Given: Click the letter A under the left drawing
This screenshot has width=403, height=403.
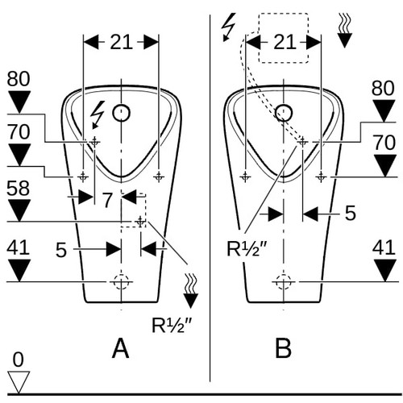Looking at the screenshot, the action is [x=120, y=348].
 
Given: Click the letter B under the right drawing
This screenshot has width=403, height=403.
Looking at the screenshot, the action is [x=284, y=348].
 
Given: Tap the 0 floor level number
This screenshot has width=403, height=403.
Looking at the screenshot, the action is [x=19, y=359].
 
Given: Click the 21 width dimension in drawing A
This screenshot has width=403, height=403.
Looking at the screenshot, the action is [x=121, y=42].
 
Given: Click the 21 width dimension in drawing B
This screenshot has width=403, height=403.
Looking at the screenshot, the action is [x=285, y=42].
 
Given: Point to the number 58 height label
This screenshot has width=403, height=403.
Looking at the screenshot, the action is [x=18, y=189].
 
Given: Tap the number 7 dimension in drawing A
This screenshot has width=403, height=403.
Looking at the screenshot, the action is [x=107, y=200].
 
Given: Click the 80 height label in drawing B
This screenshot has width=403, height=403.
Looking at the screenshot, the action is [x=383, y=88].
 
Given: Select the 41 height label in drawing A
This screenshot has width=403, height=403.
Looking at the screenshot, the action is [x=18, y=247].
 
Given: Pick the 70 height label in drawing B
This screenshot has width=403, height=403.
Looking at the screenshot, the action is [x=384, y=143].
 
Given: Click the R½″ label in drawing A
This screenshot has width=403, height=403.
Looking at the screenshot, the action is [x=172, y=325].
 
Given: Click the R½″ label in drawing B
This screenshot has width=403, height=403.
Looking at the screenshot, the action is [x=247, y=249].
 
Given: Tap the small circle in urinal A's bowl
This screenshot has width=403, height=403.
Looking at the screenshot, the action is [x=122, y=113].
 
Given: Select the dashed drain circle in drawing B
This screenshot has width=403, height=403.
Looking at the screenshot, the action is [x=284, y=282].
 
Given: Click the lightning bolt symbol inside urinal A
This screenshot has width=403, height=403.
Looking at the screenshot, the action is [x=98, y=115].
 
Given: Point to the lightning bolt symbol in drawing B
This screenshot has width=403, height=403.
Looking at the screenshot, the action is [x=228, y=27].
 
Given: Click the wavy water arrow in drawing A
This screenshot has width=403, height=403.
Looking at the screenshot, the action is [x=190, y=291].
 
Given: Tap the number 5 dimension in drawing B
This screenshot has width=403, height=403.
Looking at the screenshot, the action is [x=350, y=213].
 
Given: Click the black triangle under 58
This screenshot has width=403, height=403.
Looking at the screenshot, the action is [x=19, y=210].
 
